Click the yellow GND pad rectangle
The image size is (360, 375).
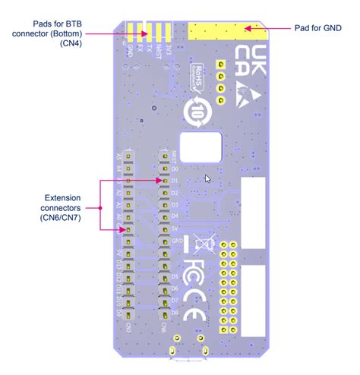[227, 31]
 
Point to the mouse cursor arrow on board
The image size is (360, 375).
[207, 179]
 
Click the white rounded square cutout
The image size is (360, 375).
[200, 147]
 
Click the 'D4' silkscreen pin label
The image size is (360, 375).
[174, 216]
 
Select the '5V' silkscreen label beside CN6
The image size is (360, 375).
[174, 228]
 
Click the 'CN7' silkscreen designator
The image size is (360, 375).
[129, 328]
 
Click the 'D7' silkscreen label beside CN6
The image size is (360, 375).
[174, 301]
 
